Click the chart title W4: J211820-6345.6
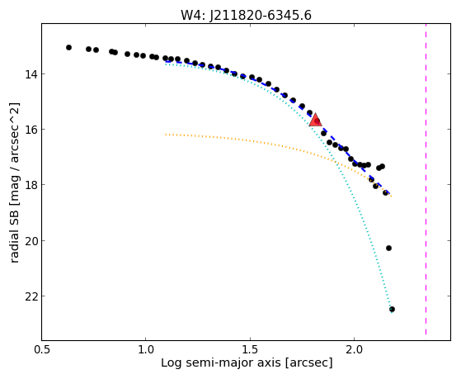click(x=246, y=15)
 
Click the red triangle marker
click(x=316, y=120)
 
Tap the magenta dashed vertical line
click(x=426, y=179)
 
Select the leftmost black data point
click(x=68, y=47)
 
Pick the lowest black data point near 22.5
click(x=392, y=309)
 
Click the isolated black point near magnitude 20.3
click(x=388, y=249)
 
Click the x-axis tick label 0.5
click(x=42, y=349)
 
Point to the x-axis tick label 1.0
click(x=146, y=349)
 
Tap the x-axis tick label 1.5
click(x=250, y=349)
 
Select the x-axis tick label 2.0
click(x=355, y=349)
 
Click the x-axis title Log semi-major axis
click(x=220, y=363)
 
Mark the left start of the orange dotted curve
click(x=166, y=135)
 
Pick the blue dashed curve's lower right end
click(x=389, y=193)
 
